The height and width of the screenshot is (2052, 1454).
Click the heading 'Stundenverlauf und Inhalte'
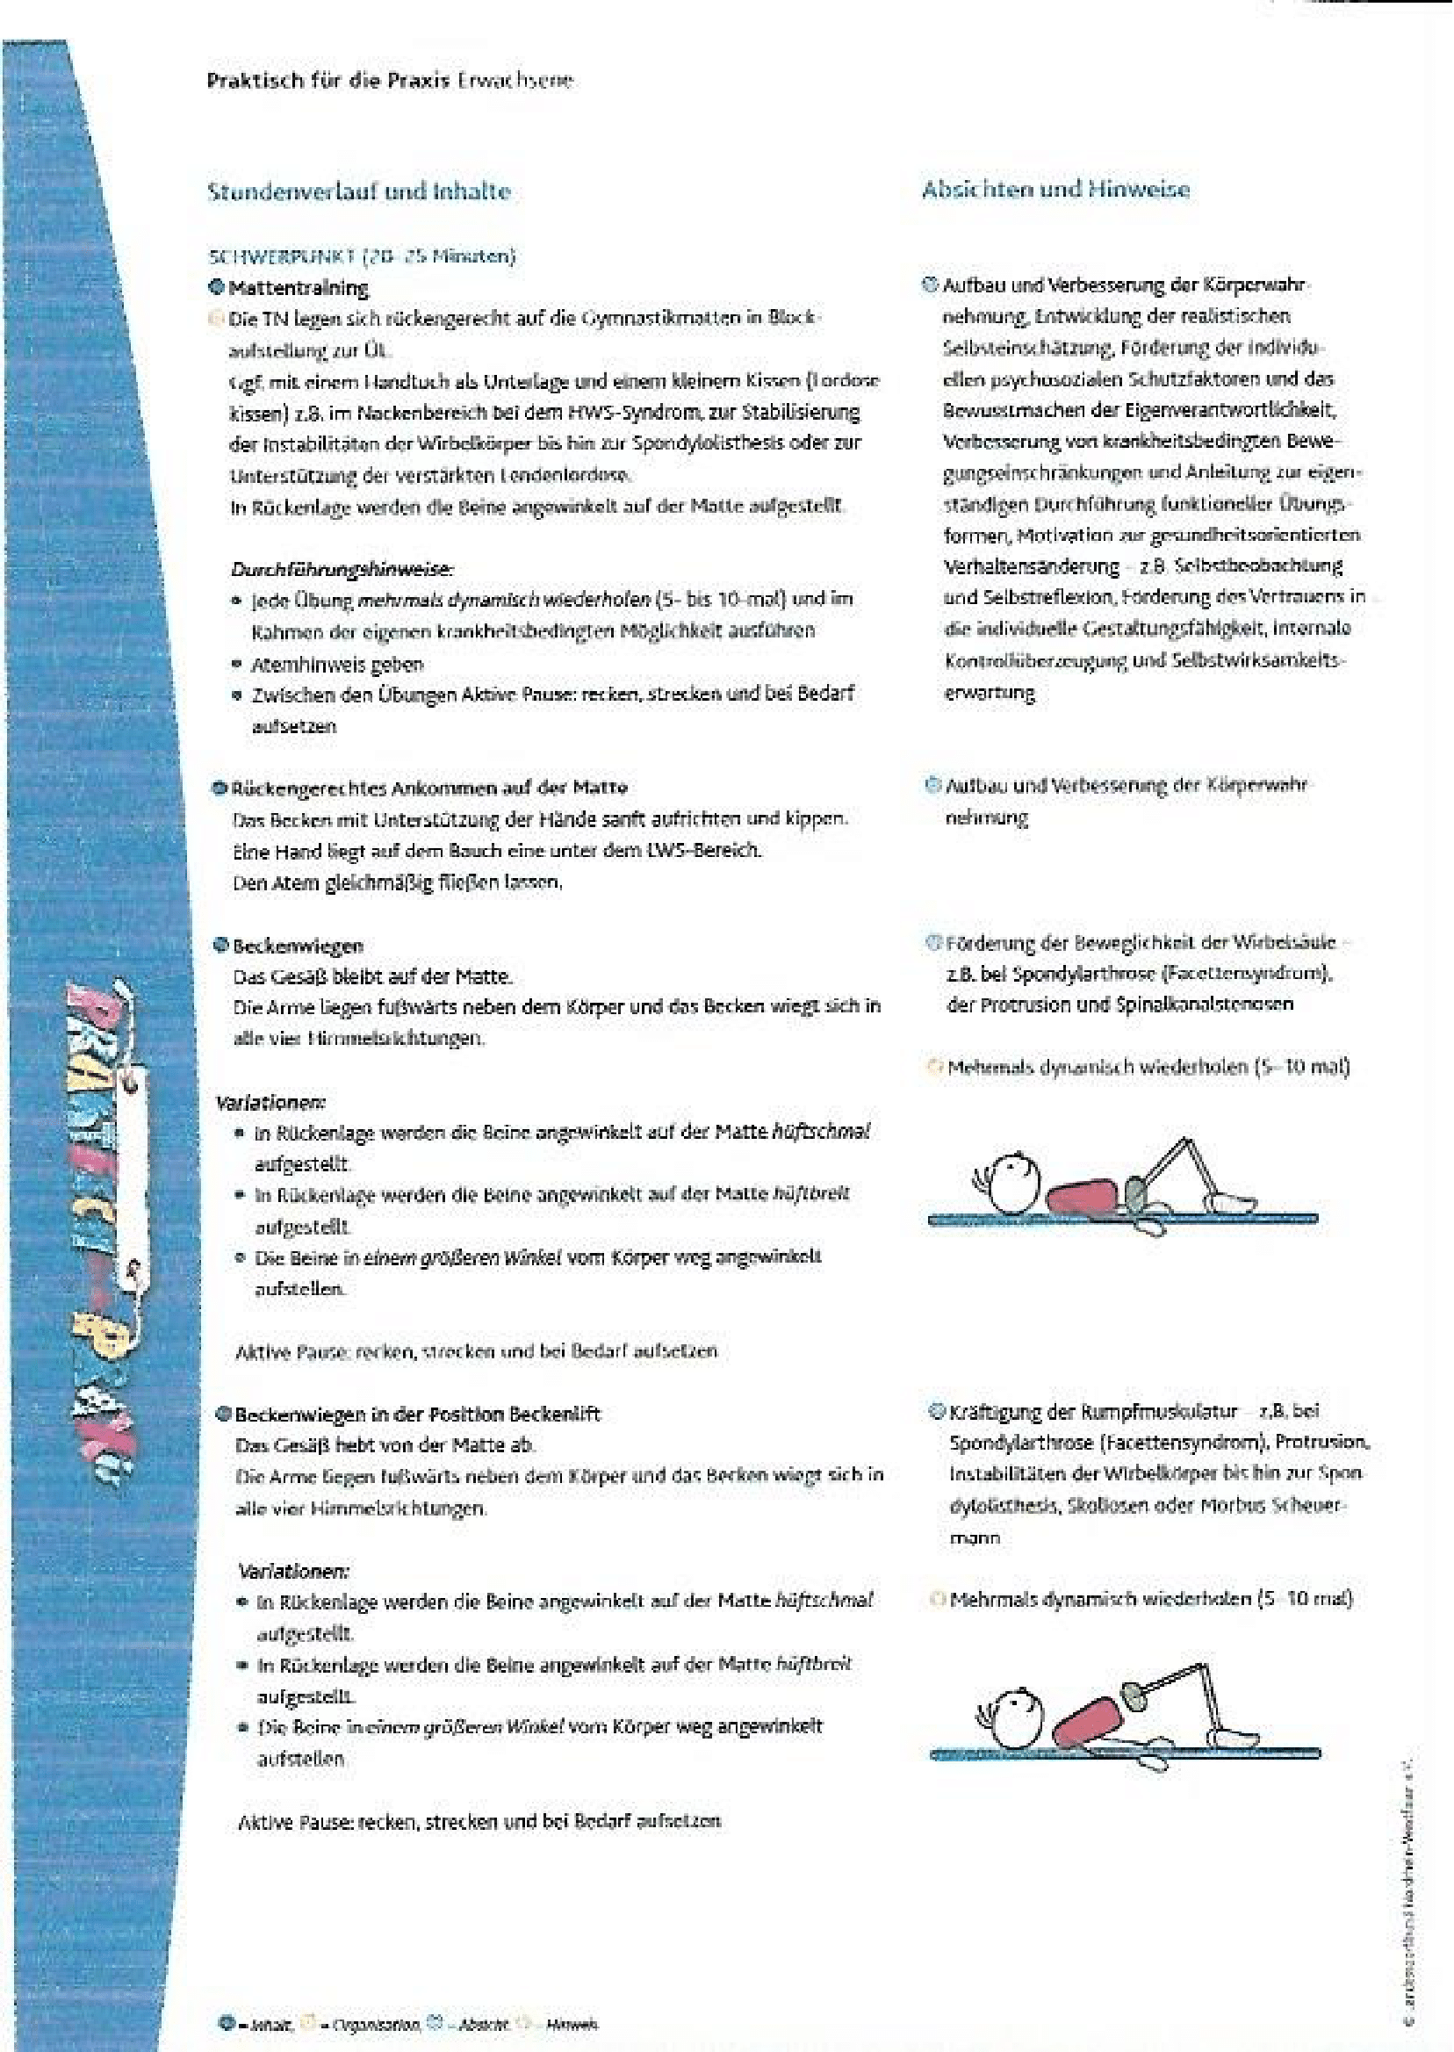click(358, 191)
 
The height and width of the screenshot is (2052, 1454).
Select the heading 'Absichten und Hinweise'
click(1055, 190)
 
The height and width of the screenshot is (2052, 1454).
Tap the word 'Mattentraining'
click(299, 288)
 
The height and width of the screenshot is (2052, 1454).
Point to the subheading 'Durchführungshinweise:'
click(342, 568)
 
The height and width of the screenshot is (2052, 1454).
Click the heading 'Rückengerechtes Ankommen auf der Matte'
click(428, 788)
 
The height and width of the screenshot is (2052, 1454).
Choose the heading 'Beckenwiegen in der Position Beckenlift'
click(417, 1415)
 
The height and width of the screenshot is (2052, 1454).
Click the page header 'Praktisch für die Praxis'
click(328, 81)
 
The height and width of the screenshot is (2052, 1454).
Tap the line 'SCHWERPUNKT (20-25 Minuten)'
click(362, 257)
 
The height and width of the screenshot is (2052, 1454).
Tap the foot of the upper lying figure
click(1234, 1198)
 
